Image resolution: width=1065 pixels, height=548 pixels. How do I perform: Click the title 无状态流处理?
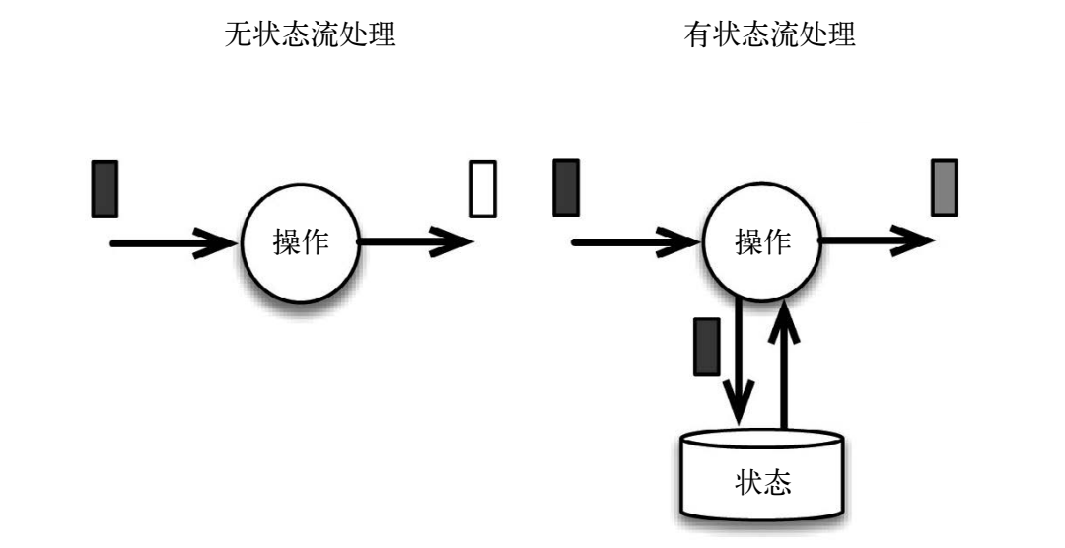click(x=311, y=36)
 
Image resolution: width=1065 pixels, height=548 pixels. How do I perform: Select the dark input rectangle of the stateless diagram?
click(x=105, y=188)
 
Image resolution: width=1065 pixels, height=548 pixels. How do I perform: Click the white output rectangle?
click(x=482, y=188)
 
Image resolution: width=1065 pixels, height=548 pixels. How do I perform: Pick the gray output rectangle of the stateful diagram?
click(x=944, y=187)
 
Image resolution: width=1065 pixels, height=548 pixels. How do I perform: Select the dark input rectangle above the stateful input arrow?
click(x=566, y=187)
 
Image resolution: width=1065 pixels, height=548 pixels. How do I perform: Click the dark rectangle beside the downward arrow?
click(x=706, y=346)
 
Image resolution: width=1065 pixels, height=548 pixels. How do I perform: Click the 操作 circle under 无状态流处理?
click(x=301, y=241)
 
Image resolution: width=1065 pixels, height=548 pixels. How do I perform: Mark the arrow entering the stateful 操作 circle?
click(x=636, y=240)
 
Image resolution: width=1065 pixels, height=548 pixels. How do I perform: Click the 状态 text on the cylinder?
click(x=763, y=484)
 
